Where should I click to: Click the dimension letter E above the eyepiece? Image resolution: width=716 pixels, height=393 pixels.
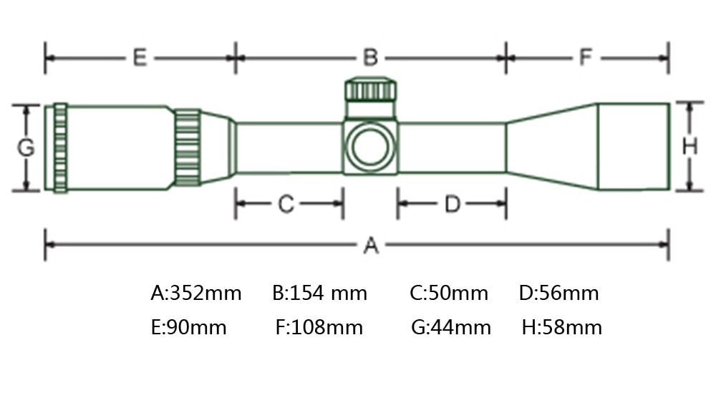[x=140, y=58]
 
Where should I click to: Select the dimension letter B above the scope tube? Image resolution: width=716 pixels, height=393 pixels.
[x=370, y=58]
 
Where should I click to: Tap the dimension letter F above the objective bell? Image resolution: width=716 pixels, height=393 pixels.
[x=586, y=57]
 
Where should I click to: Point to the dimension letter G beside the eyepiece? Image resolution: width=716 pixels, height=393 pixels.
[x=26, y=147]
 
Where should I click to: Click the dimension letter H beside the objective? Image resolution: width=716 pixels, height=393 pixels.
[x=690, y=147]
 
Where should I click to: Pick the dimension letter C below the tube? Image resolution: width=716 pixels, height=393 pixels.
[x=286, y=203]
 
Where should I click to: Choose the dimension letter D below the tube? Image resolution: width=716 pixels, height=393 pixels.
[x=453, y=203]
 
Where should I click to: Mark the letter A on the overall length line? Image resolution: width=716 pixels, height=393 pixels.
[x=371, y=245]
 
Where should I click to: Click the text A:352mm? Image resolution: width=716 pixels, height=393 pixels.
[x=196, y=293]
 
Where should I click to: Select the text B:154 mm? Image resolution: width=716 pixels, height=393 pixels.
[x=319, y=293]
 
